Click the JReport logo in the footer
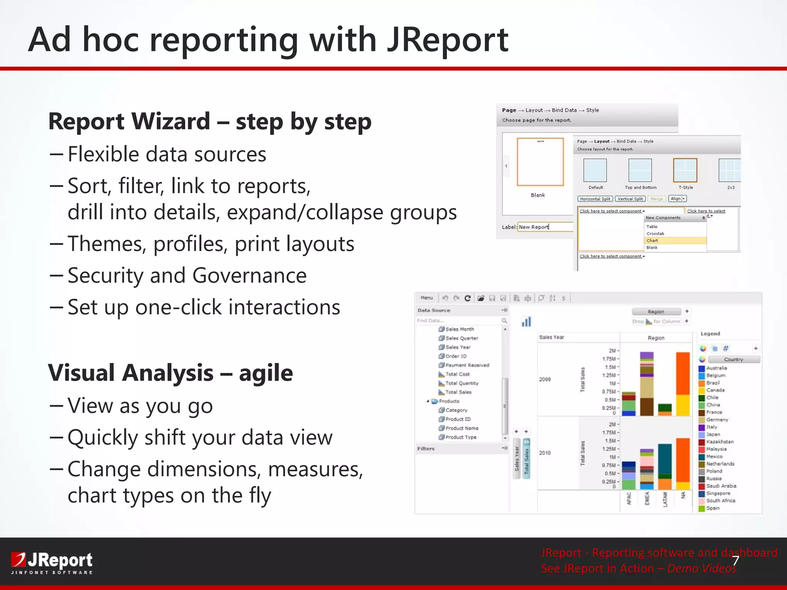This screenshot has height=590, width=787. click(52, 562)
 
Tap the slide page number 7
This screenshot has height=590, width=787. click(735, 561)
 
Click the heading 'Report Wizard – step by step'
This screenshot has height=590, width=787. click(210, 121)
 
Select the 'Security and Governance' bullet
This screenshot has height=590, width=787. click(187, 275)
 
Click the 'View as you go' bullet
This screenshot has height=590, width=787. click(140, 406)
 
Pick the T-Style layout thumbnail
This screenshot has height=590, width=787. click(685, 171)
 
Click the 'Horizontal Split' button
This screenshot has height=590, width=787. click(595, 199)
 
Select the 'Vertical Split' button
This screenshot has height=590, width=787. click(630, 199)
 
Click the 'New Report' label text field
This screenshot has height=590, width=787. click(545, 227)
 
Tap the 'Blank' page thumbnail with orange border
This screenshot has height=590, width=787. click(540, 162)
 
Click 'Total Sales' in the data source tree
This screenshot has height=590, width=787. click(458, 392)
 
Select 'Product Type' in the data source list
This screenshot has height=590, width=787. click(460, 437)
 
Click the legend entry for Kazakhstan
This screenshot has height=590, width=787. click(719, 442)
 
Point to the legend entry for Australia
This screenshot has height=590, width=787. click(716, 368)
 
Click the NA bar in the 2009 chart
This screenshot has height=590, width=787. click(683, 384)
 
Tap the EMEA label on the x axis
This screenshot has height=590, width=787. click(647, 498)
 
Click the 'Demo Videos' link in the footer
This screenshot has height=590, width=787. click(701, 568)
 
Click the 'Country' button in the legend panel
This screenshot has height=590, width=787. click(734, 360)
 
